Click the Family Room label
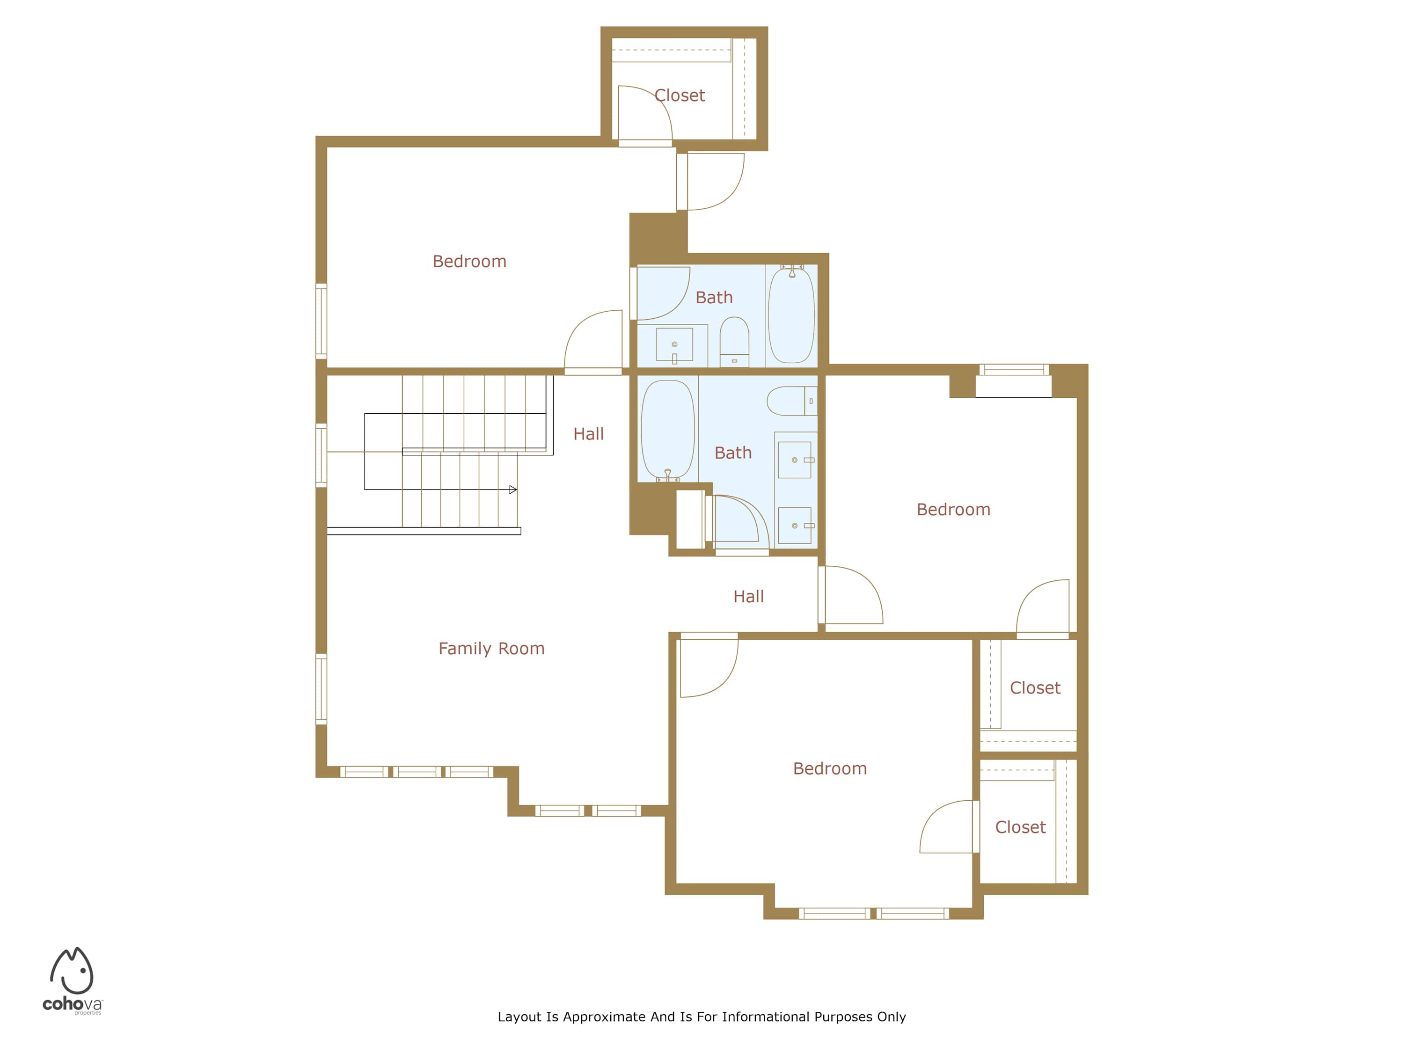491,649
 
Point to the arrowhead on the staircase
513,490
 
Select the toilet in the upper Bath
734,342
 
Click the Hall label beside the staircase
588,434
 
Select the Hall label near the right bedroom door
748,597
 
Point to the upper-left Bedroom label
470,262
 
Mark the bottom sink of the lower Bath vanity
795,526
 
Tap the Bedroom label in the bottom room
830,768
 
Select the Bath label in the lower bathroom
733,453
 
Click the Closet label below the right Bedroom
1035,688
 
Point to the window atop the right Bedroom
1014,369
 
